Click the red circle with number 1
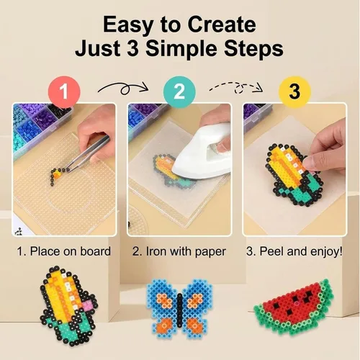click(x=64, y=91)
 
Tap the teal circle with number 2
click(x=179, y=91)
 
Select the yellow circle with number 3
click(x=294, y=91)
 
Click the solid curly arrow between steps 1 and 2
click(x=123, y=89)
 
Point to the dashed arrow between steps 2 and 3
click(x=236, y=88)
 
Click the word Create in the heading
click(x=222, y=24)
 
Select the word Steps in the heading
click(x=253, y=50)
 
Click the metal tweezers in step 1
click(x=88, y=153)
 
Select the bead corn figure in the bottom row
click(x=69, y=306)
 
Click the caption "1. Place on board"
click(x=63, y=251)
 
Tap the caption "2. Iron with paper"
click(x=179, y=252)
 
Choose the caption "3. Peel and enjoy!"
click(x=294, y=252)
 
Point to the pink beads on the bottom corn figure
click(x=89, y=305)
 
